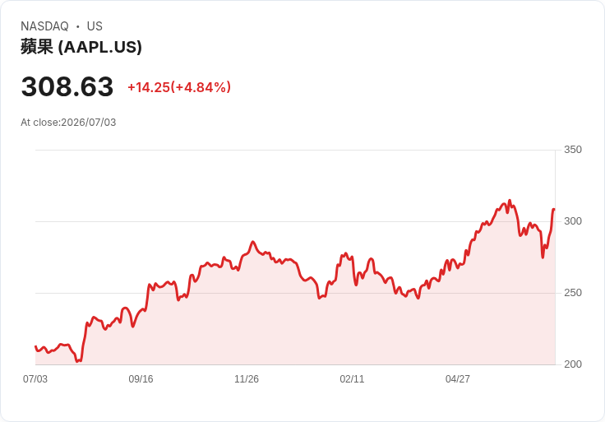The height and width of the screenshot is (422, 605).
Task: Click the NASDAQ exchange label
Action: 44,26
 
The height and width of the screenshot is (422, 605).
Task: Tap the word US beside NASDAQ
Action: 95,26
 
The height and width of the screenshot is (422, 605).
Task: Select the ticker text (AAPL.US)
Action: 100,47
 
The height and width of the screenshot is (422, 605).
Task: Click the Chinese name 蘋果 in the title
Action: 37,47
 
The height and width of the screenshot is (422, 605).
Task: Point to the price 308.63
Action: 67,86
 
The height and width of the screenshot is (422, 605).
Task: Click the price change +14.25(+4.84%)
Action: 179,87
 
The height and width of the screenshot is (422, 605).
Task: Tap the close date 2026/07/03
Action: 88,123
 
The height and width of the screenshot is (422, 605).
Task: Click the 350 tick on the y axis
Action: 573,150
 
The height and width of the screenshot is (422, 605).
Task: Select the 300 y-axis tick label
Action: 573,221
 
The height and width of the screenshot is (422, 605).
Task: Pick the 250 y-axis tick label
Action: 573,293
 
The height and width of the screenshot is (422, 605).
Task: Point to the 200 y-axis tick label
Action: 573,364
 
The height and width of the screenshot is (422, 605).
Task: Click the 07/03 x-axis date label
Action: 35,379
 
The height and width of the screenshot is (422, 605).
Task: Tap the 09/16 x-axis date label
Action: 141,379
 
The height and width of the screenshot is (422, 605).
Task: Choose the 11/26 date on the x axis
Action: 247,379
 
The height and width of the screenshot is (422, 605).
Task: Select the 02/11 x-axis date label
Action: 352,379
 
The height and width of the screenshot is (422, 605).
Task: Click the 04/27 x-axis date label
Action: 458,379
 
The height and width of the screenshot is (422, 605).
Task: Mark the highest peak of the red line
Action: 510,201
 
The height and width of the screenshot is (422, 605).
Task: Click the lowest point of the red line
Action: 77,361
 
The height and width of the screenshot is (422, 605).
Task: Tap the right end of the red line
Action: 554,209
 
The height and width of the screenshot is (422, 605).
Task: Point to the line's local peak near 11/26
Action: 253,242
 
